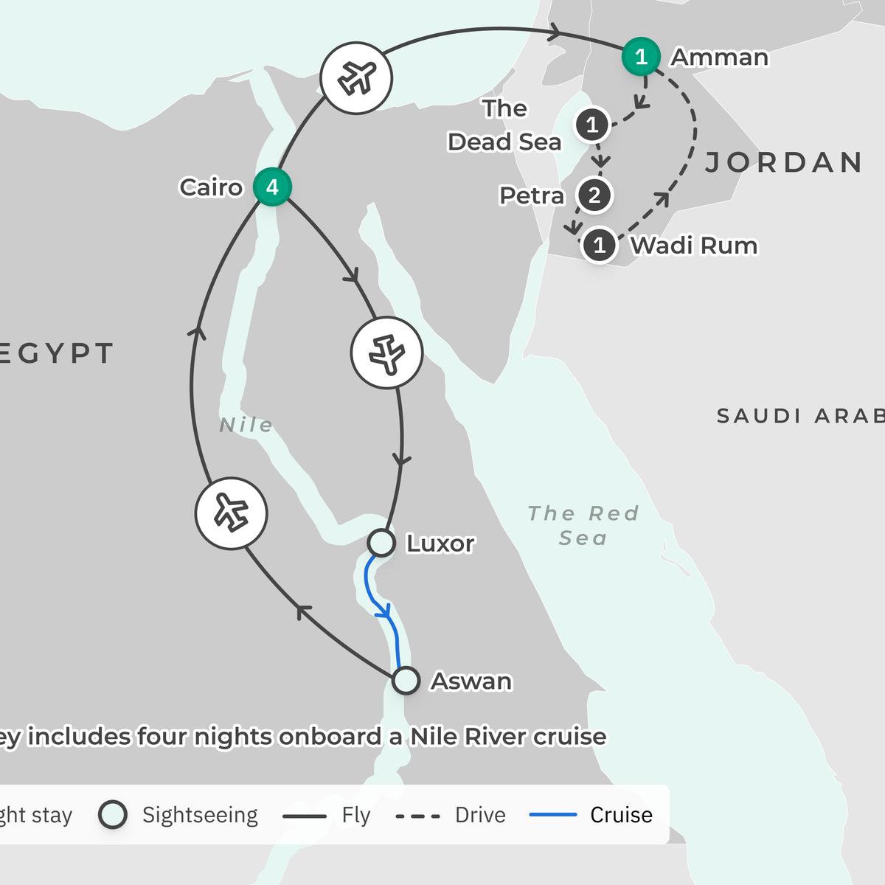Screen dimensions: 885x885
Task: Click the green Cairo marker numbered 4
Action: click(272, 187)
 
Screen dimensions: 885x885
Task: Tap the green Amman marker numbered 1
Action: click(641, 57)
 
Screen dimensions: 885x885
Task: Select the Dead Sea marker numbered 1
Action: click(592, 125)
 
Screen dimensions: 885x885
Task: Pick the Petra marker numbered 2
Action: click(594, 195)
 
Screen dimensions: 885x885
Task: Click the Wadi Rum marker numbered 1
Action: click(600, 245)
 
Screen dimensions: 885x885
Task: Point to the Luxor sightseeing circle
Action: click(381, 543)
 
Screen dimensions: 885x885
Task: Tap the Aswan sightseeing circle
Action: click(406, 681)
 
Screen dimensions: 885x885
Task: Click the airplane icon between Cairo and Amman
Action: click(356, 78)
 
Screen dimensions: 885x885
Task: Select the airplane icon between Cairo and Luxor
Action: click(386, 353)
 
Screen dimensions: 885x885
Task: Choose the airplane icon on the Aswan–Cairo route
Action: click(231, 513)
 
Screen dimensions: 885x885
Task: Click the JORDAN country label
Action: click(784, 162)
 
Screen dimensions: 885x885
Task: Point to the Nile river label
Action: click(246, 426)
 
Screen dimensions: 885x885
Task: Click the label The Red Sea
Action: click(583, 525)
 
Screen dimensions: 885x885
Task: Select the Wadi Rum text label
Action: click(693, 245)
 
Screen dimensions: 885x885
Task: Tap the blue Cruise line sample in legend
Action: click(553, 815)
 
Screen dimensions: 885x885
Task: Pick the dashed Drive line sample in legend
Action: click(417, 816)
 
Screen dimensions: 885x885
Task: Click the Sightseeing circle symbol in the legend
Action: click(113, 815)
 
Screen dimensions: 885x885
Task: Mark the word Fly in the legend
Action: click(355, 815)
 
